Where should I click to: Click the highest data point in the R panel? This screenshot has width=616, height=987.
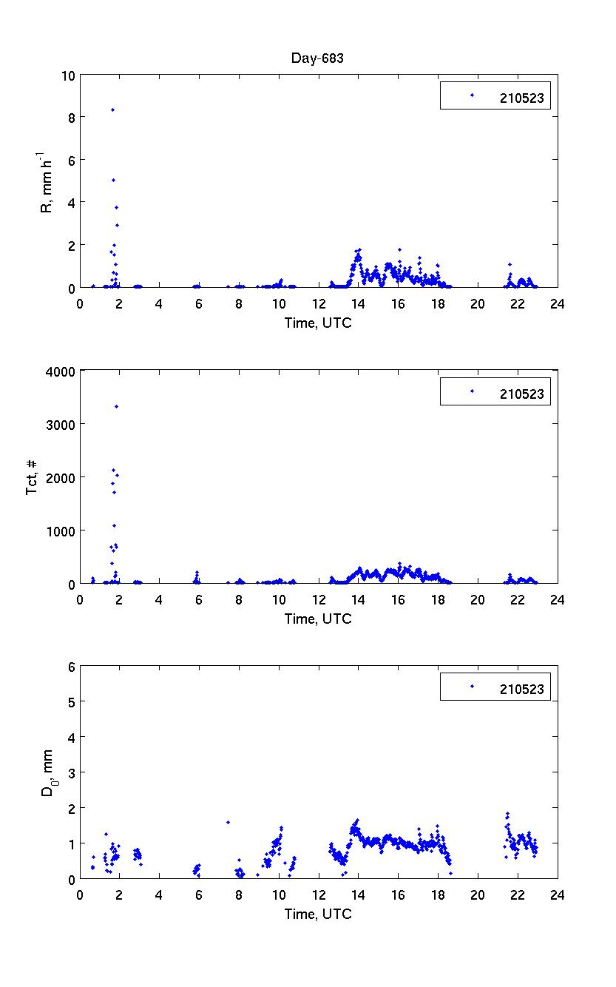[112, 110]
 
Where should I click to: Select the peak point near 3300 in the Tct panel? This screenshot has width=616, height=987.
[116, 406]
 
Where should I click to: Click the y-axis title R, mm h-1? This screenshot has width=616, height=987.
[46, 181]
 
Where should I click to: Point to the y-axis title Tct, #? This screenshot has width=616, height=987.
[33, 477]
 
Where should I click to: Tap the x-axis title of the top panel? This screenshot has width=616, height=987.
[318, 323]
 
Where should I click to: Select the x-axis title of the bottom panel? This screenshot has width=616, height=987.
[318, 914]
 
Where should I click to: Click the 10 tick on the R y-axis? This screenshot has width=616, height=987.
[69, 75]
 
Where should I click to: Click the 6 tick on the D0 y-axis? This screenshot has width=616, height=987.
[72, 666]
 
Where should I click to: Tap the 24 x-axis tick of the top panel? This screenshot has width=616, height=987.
[557, 303]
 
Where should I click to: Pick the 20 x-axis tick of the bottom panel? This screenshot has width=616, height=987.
[477, 895]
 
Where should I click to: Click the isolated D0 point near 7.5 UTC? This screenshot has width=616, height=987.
[228, 822]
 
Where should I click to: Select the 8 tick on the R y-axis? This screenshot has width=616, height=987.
[72, 117]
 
